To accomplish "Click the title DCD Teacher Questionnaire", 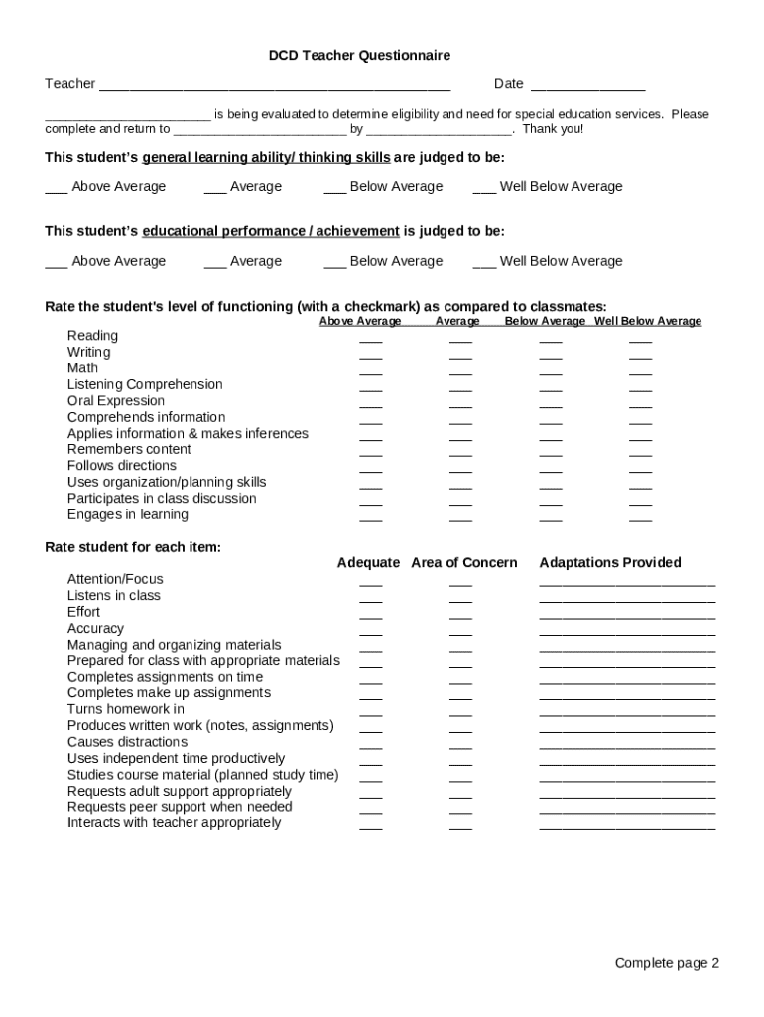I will tap(359, 56).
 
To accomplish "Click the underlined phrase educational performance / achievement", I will tap(271, 231).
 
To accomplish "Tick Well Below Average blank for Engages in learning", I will tap(641, 517).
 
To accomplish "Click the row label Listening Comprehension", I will tap(145, 384).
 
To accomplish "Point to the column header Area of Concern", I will tap(464, 563).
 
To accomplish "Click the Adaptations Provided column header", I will tap(610, 563).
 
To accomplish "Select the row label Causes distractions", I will tap(127, 742).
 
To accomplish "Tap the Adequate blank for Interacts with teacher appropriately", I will tap(371, 826).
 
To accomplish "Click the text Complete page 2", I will tap(667, 963).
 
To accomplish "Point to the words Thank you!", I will tap(553, 129).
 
